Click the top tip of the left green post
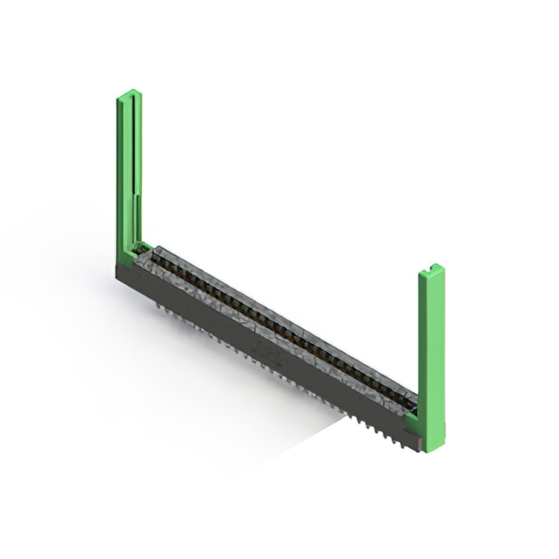coord(128,93)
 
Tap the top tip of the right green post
coord(431,267)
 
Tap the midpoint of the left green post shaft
coord(128,175)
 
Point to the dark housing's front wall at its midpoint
coord(262,349)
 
